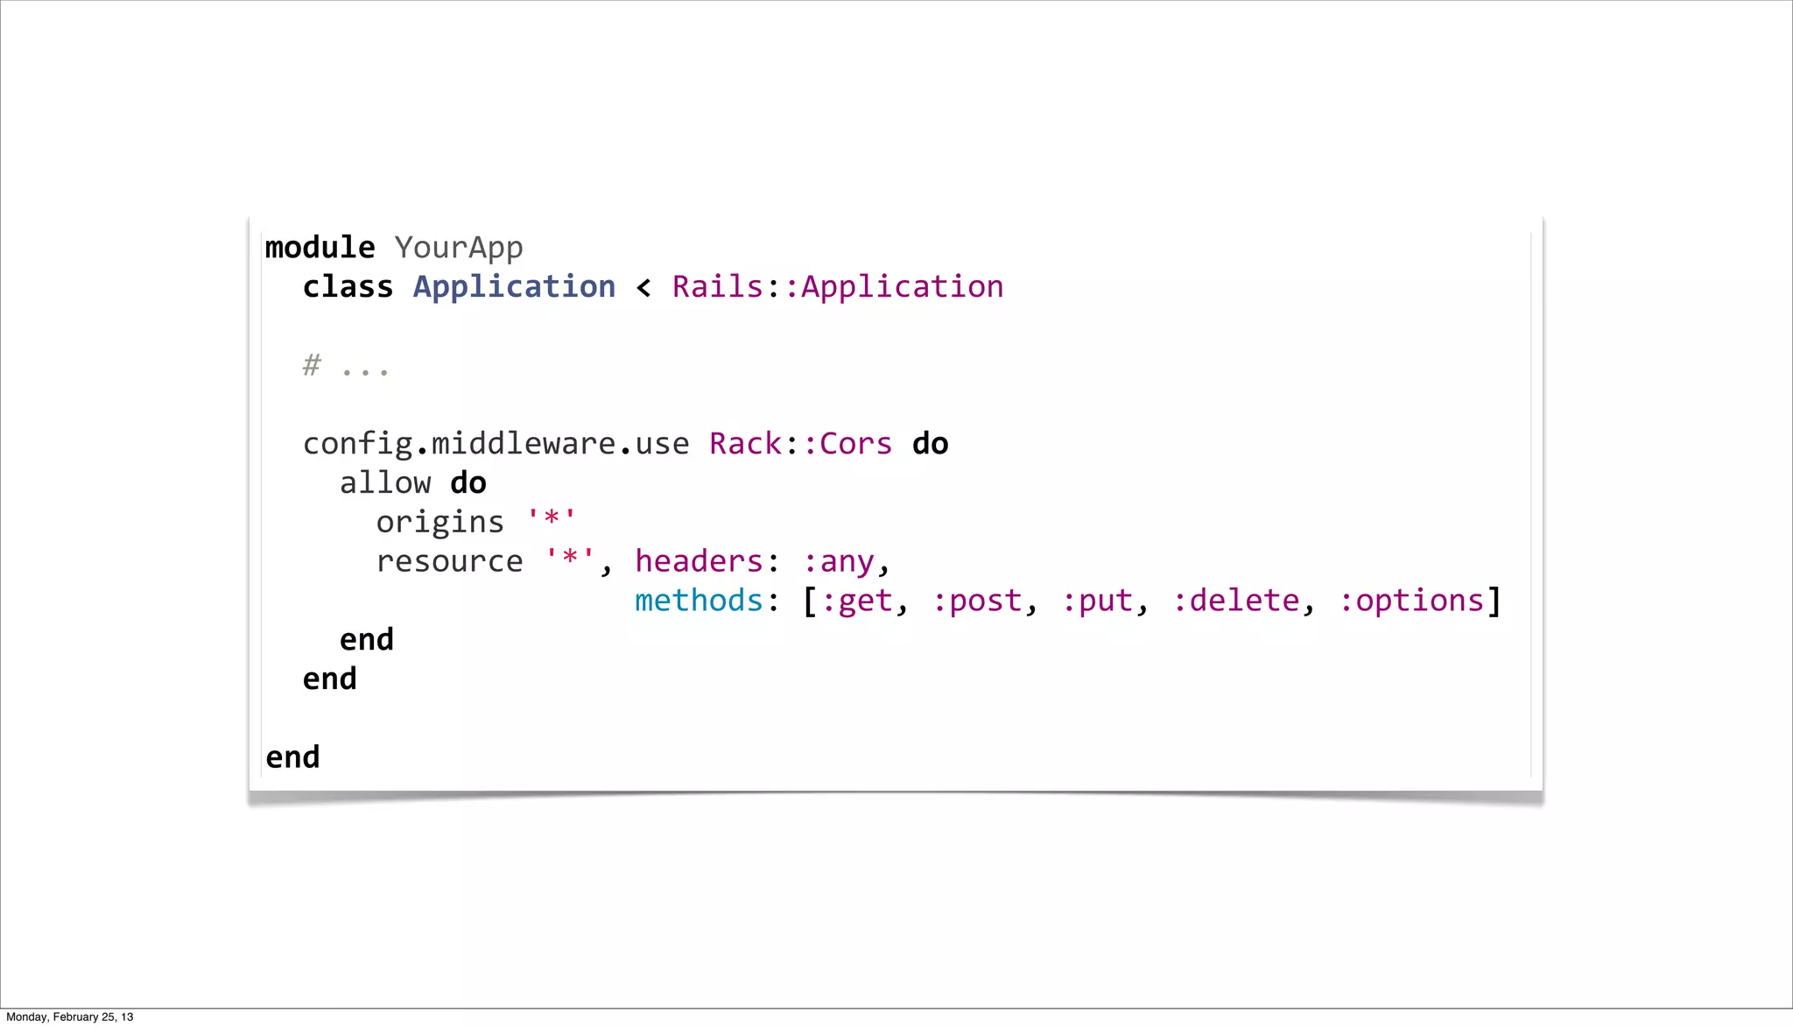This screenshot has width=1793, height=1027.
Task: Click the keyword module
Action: pos(320,248)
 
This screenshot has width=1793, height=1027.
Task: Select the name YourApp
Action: pos(458,248)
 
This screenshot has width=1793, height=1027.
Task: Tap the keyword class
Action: pos(348,287)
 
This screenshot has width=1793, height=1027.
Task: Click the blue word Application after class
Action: pos(514,287)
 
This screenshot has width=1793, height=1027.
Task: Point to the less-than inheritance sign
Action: pos(643,288)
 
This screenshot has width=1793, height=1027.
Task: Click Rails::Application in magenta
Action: pos(837,287)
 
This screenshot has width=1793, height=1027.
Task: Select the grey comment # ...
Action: pos(312,365)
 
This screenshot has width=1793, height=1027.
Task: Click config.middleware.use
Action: pos(496,444)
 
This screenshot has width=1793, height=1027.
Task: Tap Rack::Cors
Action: pos(800,444)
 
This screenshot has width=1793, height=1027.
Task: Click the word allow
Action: pos(385,483)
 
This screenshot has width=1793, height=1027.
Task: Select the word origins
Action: pos(439,523)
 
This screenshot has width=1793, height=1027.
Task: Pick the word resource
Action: pos(449,561)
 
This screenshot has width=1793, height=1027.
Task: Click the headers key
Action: pos(700,561)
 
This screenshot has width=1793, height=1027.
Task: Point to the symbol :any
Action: pos(838,562)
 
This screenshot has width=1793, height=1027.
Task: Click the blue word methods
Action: pos(699,601)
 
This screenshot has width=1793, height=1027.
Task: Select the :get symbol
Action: pos(856,601)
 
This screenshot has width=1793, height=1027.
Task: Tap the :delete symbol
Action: pos(1235,601)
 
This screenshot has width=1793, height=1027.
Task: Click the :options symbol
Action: pos(1410,601)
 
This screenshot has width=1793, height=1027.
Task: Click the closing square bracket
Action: pos(1494,601)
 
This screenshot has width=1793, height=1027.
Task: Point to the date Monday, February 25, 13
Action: pos(70,1016)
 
